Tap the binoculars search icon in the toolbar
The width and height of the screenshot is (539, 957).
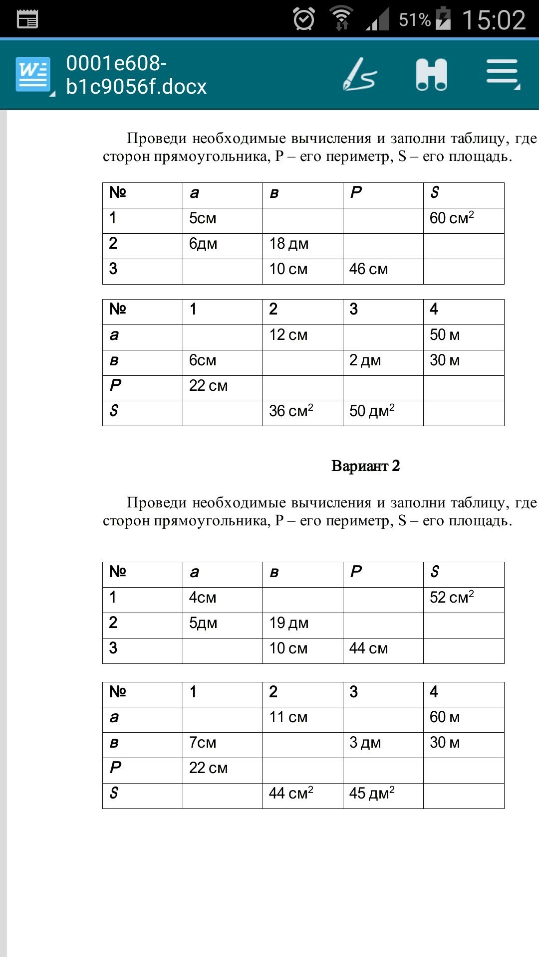(431, 75)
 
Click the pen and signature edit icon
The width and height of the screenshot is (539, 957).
(359, 75)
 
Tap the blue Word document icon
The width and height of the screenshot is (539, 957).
(33, 75)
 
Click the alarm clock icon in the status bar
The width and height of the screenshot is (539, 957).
(303, 19)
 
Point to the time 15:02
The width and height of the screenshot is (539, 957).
(494, 20)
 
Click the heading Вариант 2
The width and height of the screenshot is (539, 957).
(365, 466)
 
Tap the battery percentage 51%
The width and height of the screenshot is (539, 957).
(415, 20)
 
